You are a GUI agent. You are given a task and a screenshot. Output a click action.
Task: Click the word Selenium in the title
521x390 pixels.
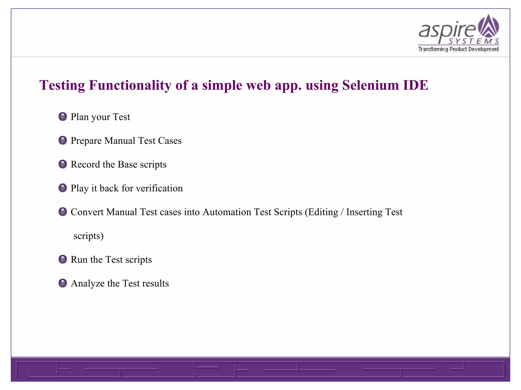(370, 85)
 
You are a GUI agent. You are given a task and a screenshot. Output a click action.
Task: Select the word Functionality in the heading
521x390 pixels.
(130, 86)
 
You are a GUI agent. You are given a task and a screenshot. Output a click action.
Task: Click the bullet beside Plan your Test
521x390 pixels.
(63, 117)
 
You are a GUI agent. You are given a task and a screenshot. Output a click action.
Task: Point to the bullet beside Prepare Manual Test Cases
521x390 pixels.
(63, 140)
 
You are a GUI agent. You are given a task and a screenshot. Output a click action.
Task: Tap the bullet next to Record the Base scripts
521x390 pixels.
(63, 164)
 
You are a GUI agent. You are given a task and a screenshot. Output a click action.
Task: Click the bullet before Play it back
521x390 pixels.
(63, 188)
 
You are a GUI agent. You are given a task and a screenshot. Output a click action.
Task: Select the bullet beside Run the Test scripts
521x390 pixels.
(63, 259)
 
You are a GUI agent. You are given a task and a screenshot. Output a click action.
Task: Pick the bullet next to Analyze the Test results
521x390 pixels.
(63, 283)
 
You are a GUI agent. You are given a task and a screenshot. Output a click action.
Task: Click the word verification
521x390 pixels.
(159, 188)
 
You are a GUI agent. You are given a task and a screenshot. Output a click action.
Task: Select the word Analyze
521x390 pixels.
(88, 284)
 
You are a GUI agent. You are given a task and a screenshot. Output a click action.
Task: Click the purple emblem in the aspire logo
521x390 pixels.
(488, 26)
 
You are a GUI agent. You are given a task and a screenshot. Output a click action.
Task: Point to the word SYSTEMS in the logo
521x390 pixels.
(474, 41)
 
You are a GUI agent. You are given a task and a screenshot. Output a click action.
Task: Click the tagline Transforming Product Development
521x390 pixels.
(458, 49)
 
